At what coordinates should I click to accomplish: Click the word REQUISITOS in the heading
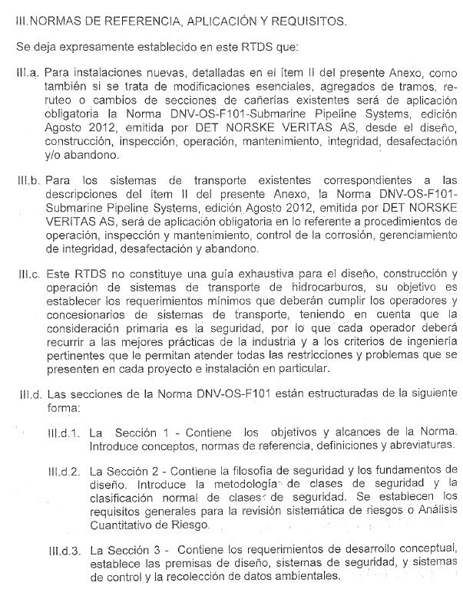[x=308, y=21]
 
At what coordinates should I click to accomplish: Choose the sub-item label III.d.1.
[x=64, y=433]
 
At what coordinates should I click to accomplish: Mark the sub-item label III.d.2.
[x=64, y=471]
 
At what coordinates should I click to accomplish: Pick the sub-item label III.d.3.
[x=64, y=550]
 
